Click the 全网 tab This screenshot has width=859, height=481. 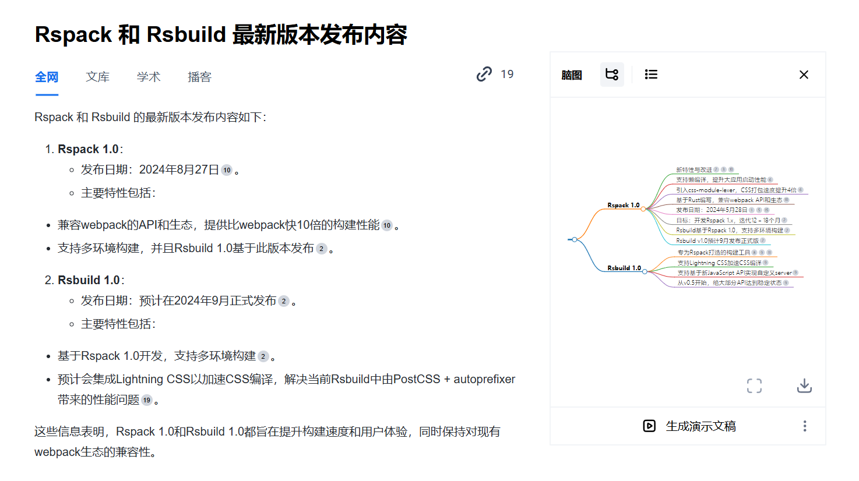(x=47, y=77)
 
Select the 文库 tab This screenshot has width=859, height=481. (x=97, y=77)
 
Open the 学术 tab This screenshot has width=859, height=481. (x=149, y=77)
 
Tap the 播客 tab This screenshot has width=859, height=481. (x=199, y=77)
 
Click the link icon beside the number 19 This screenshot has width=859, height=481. (x=484, y=75)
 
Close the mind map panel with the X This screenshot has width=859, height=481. (x=804, y=75)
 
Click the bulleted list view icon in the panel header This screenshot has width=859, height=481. (x=651, y=75)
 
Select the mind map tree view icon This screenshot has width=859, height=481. (x=612, y=75)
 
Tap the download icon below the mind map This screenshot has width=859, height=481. (x=804, y=385)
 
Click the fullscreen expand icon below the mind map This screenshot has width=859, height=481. (x=754, y=385)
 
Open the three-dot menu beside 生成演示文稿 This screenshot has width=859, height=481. (x=805, y=426)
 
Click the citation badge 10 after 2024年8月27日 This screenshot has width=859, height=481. (x=227, y=170)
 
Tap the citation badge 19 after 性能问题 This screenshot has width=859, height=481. (x=147, y=400)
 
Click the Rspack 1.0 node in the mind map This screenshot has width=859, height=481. (x=623, y=205)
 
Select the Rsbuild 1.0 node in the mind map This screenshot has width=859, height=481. (x=624, y=268)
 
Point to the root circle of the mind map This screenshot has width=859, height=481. (x=575, y=239)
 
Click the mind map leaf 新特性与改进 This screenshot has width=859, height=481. (x=693, y=169)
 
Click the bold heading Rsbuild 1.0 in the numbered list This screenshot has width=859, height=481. (x=89, y=280)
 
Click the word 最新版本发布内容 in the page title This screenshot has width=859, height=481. (x=319, y=35)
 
